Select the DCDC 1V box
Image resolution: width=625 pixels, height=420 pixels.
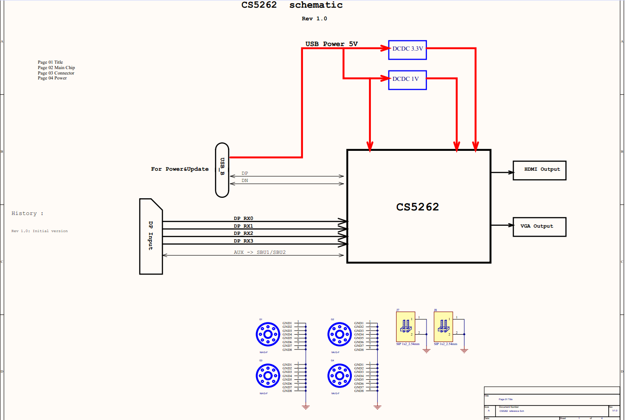click(x=407, y=80)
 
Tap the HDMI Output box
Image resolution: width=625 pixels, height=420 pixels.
click(x=539, y=170)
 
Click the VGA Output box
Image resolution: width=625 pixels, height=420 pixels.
click(x=539, y=227)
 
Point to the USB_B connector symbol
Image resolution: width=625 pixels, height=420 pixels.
click(x=222, y=170)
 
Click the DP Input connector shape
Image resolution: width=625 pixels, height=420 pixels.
click(x=151, y=236)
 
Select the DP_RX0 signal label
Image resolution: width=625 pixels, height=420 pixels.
click(x=243, y=219)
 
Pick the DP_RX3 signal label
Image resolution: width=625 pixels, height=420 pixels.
click(x=243, y=241)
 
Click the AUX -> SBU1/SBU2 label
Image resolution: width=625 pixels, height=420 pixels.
click(x=260, y=252)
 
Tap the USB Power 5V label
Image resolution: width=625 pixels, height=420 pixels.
click(x=331, y=44)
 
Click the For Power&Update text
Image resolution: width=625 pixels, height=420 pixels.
click(x=180, y=169)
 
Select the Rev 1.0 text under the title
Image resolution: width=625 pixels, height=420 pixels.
click(x=314, y=19)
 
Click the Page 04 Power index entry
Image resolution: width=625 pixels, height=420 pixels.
click(x=52, y=78)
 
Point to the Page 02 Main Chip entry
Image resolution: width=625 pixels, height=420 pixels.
click(x=56, y=68)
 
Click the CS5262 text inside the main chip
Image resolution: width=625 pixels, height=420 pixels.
click(x=417, y=207)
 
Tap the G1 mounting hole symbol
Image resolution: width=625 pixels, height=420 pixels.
click(x=268, y=335)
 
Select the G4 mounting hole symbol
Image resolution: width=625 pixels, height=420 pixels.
click(x=339, y=376)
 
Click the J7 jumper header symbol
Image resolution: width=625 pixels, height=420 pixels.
click(x=406, y=327)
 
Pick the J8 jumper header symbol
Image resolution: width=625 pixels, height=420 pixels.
click(x=443, y=327)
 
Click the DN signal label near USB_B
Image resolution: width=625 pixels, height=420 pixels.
click(x=245, y=181)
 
